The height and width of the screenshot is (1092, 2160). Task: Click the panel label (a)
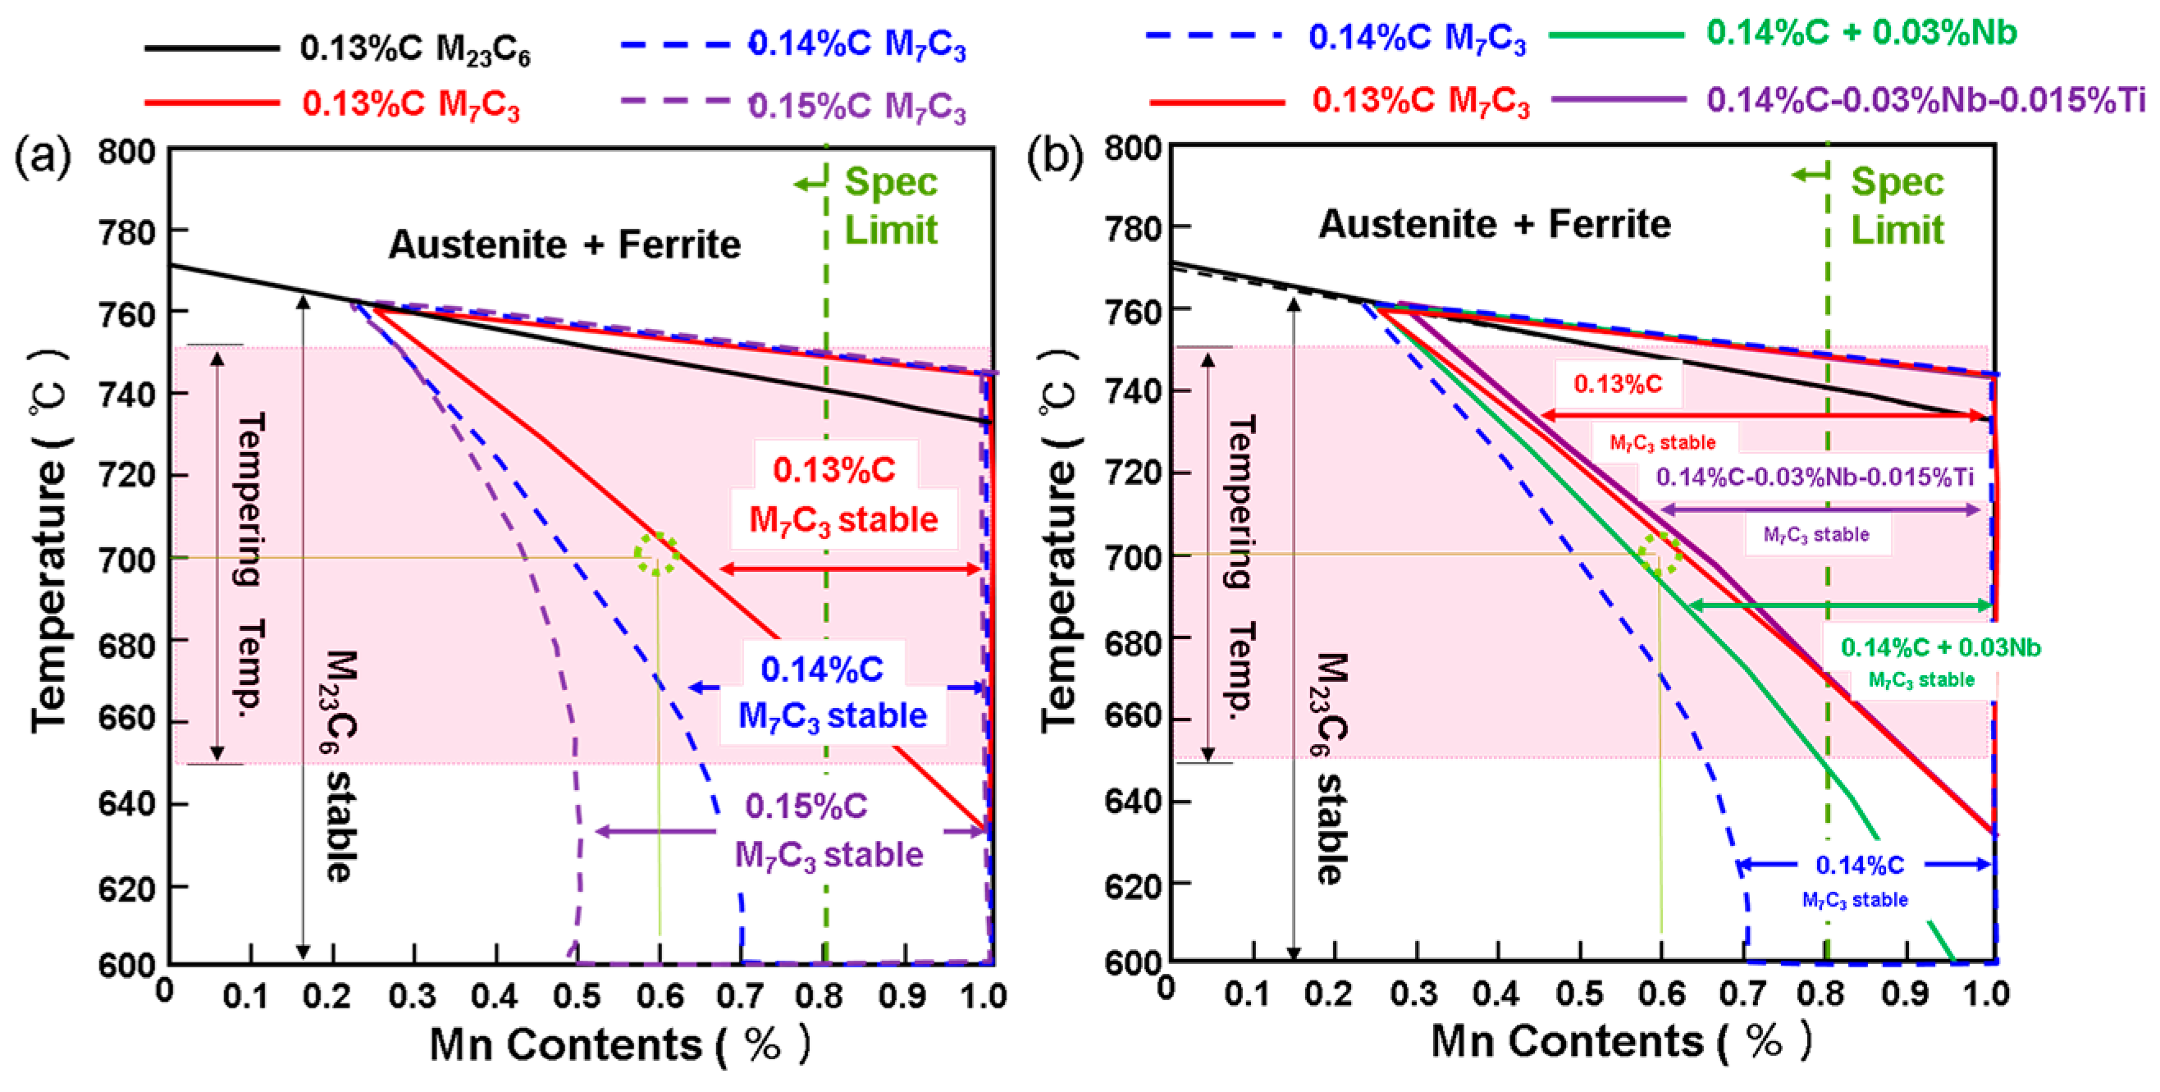[42, 157]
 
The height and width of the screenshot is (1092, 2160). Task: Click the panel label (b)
[1055, 157]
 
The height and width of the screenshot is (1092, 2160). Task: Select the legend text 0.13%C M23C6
[415, 48]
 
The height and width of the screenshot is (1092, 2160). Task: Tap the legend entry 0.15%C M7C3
[856, 107]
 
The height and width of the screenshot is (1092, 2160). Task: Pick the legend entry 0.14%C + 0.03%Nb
[1861, 34]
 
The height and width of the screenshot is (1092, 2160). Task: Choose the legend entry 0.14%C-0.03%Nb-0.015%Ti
[1925, 101]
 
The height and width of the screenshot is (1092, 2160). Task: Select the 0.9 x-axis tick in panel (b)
[1905, 994]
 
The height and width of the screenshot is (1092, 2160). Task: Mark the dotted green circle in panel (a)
[655, 554]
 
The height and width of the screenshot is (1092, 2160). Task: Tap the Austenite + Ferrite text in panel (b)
[1494, 224]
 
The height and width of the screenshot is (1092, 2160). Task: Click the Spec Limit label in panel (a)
[889, 205]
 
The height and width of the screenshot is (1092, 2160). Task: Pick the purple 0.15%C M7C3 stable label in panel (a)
[828, 830]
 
